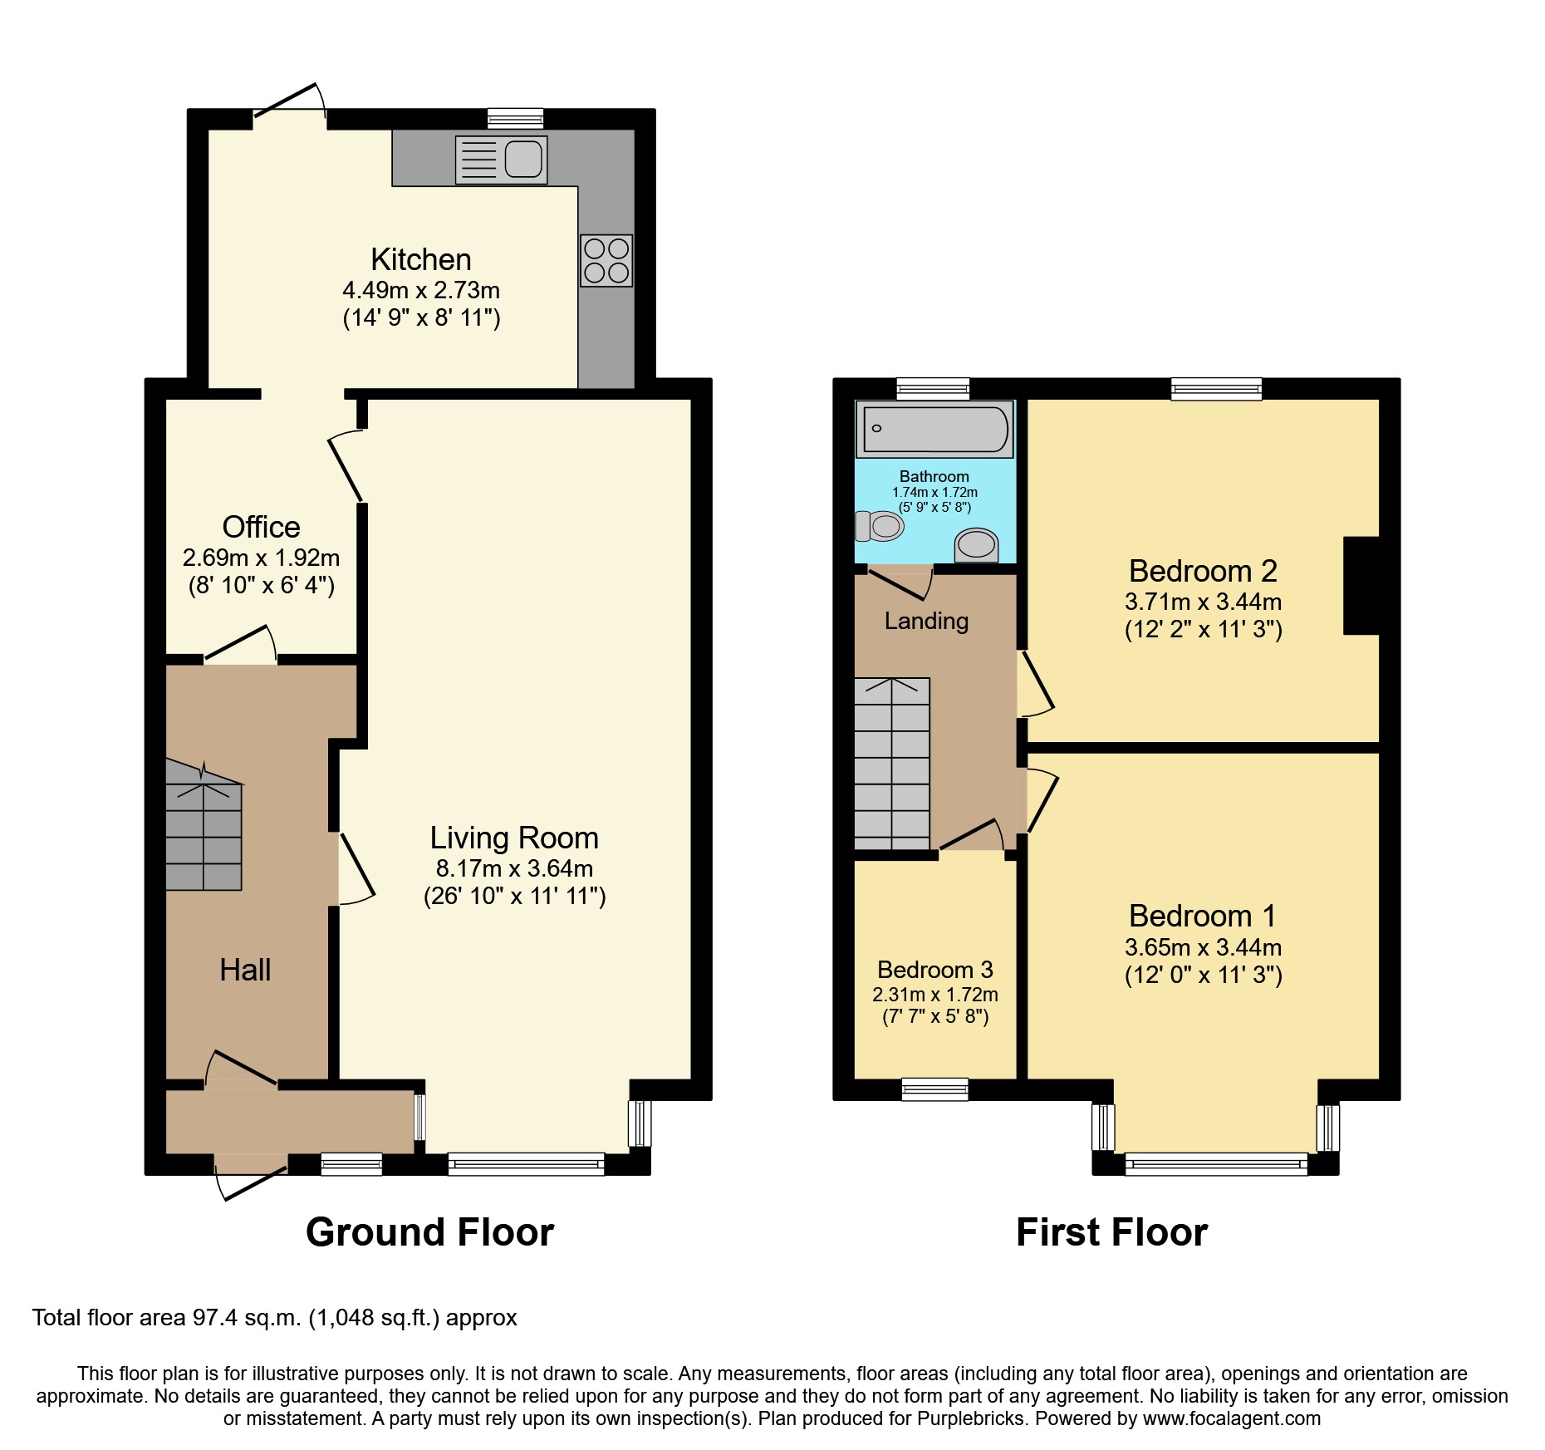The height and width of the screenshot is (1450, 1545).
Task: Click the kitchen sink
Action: pos(502,160)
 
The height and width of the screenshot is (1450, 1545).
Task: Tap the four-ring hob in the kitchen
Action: pos(606,261)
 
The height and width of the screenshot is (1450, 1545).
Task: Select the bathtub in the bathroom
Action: pos(934,430)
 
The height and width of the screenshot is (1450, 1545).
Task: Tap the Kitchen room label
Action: pos(421,260)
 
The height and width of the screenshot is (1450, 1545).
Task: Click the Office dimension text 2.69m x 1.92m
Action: pos(261,558)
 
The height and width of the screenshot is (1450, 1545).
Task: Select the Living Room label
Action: pos(514,838)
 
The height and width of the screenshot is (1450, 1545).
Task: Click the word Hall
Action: pos(245,970)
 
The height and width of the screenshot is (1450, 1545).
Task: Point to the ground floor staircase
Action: pos(204,835)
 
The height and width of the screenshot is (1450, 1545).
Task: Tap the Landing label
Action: pos(926,621)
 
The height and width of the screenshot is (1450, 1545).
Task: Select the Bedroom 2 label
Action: pos(1203,571)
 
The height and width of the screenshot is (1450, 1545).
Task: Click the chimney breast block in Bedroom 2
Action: pos(1361,586)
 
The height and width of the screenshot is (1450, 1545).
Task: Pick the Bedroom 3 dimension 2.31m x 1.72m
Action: pos(935,995)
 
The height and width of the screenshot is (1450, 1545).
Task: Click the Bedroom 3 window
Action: pos(935,1089)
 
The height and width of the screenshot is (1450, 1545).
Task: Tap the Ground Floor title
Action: pos(429,1232)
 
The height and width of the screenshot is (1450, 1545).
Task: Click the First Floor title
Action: pos(1111,1232)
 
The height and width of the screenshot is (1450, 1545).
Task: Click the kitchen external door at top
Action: pos(289,112)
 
